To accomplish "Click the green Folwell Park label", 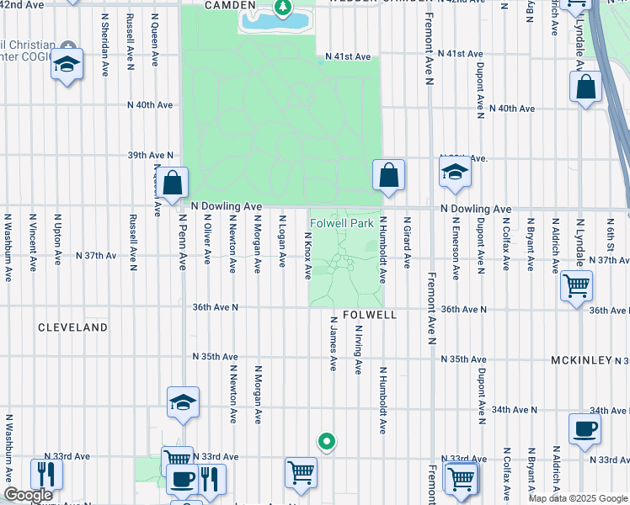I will point(341,224).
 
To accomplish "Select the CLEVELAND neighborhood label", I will point(72,327).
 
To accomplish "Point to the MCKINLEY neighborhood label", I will point(581,359).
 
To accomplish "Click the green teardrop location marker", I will point(326,441).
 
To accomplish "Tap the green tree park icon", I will point(283,9).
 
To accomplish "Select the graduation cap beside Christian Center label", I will point(67,65).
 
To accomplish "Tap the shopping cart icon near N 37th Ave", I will point(577,286).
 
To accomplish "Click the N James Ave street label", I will point(334,344).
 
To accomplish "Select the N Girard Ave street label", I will point(406,242).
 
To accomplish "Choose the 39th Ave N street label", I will point(150,156).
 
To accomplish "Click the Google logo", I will point(29,495).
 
